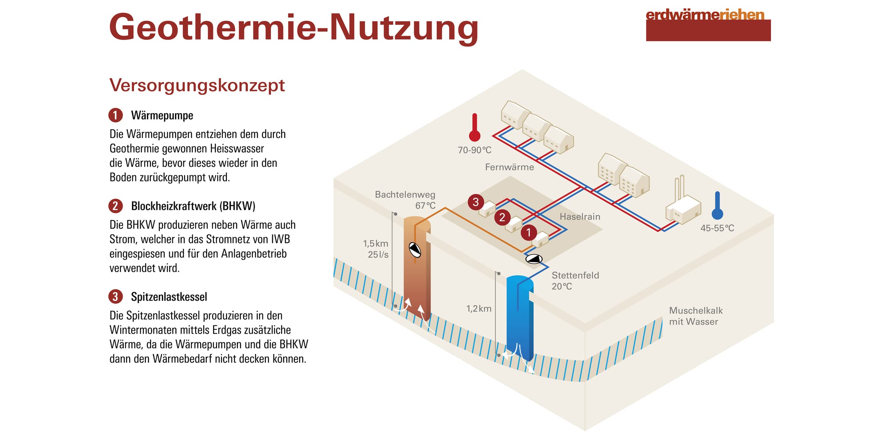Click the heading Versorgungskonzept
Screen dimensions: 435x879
(197, 85)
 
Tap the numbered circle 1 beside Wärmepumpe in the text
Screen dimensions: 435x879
(116, 116)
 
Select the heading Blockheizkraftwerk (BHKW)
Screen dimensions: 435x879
(193, 206)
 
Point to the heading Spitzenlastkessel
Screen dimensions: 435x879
(169, 297)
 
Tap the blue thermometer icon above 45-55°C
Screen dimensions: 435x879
(717, 205)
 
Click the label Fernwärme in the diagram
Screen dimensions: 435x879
(509, 167)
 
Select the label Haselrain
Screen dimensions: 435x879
(580, 217)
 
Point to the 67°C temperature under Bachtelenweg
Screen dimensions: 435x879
(425, 206)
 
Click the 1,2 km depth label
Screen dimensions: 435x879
(479, 309)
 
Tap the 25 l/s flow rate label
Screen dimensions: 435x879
(378, 255)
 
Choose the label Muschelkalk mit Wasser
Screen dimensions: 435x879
(696, 316)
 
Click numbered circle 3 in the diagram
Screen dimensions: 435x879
(476, 202)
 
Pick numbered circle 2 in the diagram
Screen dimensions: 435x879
(502, 217)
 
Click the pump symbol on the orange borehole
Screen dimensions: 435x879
(415, 250)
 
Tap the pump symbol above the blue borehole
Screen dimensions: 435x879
(534, 259)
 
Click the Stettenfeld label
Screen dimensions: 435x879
(575, 275)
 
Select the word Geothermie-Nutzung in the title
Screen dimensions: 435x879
(294, 27)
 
